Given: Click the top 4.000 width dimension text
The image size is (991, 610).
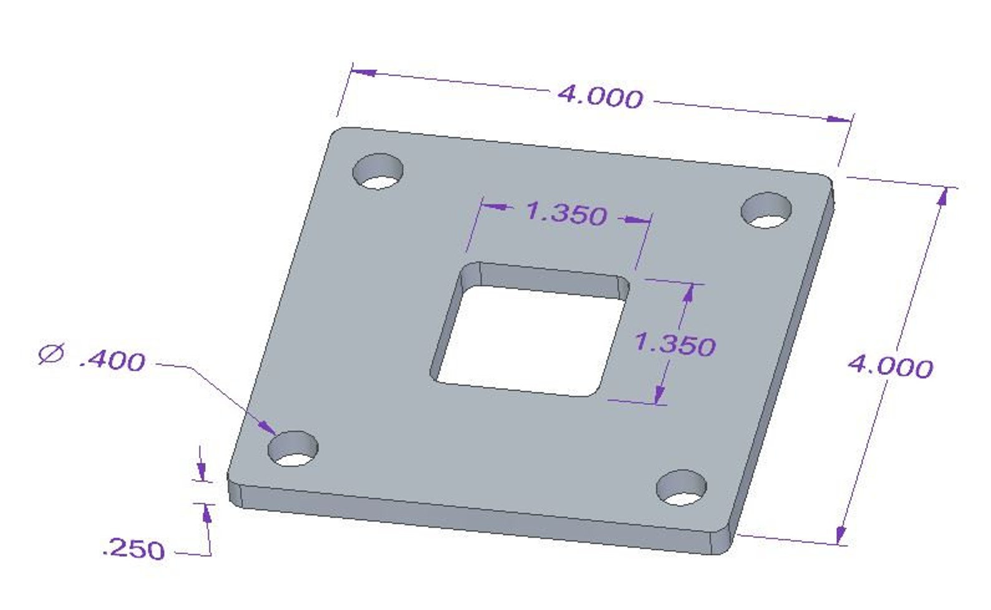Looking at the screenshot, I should coord(600,97).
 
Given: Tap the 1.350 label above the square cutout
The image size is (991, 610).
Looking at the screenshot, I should coord(566,213).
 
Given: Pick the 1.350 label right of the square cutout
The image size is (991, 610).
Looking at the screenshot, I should coord(675,344).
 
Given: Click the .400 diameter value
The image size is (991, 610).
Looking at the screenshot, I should coord(112,361).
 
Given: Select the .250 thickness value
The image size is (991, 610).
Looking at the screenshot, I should coord(134,549).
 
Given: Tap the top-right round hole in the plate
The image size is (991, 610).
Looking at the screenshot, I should coord(766,210).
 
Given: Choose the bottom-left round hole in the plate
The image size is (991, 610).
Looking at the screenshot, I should coord(293,448).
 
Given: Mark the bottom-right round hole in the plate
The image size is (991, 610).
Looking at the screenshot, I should coord(681,487).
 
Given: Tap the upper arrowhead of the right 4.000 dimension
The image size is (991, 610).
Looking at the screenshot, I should coord(942,196).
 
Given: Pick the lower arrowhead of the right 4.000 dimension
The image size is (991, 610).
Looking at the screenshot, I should coord(841,535).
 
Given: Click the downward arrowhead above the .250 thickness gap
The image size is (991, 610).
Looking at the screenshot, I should coord(202,472).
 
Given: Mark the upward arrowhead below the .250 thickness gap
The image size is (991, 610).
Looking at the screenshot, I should coord(206,513).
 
